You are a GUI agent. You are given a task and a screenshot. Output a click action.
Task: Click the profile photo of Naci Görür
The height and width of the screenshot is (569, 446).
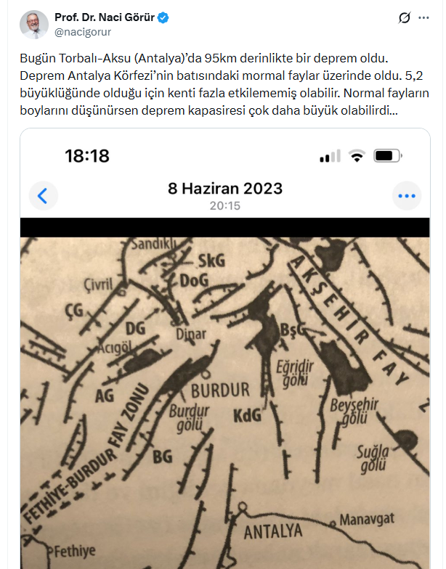point(34,25)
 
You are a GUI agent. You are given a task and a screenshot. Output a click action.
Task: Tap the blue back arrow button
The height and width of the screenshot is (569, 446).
point(43,195)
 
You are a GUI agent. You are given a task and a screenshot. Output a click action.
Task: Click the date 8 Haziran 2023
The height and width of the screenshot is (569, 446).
point(225,189)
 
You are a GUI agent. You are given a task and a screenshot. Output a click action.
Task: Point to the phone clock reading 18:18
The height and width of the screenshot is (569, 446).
point(87,155)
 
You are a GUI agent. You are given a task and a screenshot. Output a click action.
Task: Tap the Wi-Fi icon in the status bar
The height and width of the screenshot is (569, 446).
point(357,156)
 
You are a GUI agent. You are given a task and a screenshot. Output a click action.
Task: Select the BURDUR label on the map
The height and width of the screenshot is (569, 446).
point(219,389)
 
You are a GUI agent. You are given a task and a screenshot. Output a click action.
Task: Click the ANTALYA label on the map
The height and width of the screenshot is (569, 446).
point(273,532)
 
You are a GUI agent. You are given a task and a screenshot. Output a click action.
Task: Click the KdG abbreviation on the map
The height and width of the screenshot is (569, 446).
point(247,416)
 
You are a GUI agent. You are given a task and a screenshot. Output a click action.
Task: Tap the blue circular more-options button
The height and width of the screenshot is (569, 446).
point(407,195)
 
